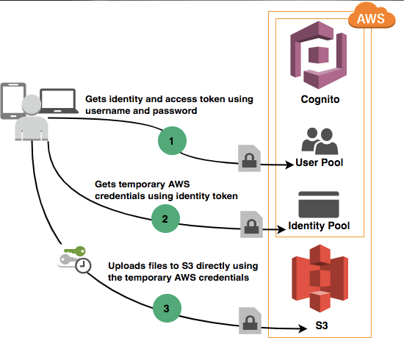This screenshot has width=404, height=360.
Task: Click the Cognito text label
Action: point(320,99)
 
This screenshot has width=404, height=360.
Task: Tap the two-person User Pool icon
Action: point(319,140)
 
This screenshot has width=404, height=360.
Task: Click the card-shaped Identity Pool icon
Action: point(319,204)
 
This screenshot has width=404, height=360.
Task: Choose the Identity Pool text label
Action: point(319,226)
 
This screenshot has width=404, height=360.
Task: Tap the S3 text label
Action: point(319,324)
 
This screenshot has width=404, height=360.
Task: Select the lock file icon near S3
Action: point(249,320)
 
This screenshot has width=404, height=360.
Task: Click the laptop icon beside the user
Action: point(58,101)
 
